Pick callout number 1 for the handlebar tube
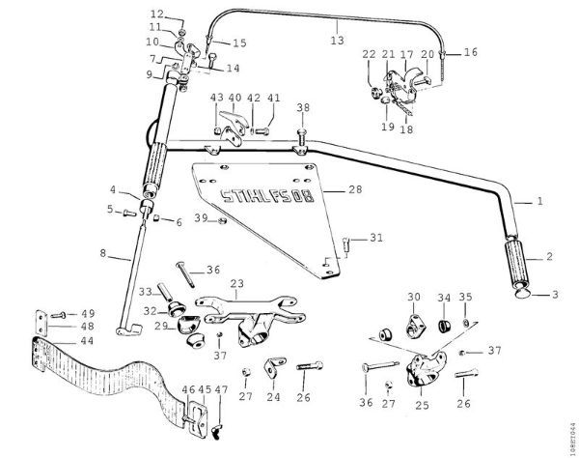(x=540, y=203)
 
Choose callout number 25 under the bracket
(x=422, y=406)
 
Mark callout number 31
(x=377, y=238)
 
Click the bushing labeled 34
(x=447, y=323)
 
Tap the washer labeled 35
(x=468, y=323)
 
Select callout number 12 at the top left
(x=157, y=14)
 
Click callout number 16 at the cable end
(x=472, y=52)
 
